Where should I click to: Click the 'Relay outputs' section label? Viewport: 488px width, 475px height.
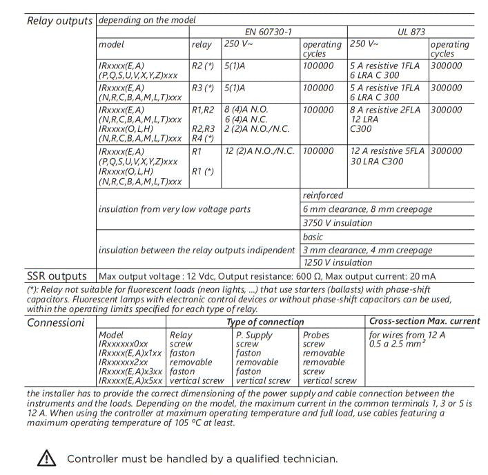tap(59, 20)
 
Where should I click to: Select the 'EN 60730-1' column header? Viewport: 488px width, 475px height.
tap(269, 32)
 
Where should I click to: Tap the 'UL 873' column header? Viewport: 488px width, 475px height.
tap(412, 32)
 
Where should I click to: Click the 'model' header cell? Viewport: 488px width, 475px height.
tap(111, 44)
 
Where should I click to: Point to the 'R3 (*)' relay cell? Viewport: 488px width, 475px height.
tap(202, 88)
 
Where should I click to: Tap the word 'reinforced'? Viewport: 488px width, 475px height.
tap(323, 195)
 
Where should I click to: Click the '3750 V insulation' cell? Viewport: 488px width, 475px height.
tap(338, 223)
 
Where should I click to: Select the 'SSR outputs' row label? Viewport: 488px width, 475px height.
tap(57, 276)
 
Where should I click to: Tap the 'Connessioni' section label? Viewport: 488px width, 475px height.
tap(57, 322)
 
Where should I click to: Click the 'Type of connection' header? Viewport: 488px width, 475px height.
tap(266, 322)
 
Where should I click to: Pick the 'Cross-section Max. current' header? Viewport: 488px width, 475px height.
tap(424, 321)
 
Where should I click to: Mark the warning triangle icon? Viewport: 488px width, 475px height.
tap(47, 458)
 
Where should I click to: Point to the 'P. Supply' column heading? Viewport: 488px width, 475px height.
tap(255, 335)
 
